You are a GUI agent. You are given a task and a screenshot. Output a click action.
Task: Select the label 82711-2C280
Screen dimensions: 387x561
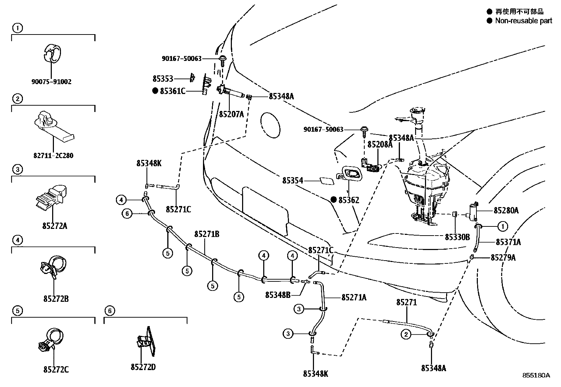click(53, 155)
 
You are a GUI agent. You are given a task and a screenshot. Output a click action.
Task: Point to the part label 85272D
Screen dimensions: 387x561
click(143, 367)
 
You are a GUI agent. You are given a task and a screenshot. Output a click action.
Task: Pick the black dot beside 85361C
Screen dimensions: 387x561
click(155, 91)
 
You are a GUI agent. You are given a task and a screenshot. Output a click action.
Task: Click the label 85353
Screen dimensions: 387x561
click(163, 79)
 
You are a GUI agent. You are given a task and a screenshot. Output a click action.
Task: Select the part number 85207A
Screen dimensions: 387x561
click(232, 114)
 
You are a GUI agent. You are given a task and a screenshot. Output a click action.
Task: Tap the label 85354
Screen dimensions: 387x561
click(292, 181)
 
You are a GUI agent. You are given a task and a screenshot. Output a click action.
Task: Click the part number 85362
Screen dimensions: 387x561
click(349, 200)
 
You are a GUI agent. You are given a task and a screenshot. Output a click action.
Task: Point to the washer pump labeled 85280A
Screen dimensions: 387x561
click(474, 210)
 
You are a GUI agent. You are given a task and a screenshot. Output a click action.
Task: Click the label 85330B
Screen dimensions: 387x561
click(457, 237)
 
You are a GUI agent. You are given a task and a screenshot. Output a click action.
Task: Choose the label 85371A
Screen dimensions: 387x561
click(508, 242)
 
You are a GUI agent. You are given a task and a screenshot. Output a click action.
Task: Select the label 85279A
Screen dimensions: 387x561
click(503, 258)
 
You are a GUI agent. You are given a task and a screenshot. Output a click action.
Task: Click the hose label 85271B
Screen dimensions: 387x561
click(207, 234)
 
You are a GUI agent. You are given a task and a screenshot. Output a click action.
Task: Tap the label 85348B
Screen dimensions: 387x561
click(278, 295)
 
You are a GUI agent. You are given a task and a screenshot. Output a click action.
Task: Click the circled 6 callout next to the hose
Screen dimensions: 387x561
click(127, 213)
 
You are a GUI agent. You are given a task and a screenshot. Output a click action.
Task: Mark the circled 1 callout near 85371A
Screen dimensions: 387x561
click(503, 226)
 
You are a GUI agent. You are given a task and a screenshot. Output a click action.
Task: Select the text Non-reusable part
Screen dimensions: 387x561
click(523, 21)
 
